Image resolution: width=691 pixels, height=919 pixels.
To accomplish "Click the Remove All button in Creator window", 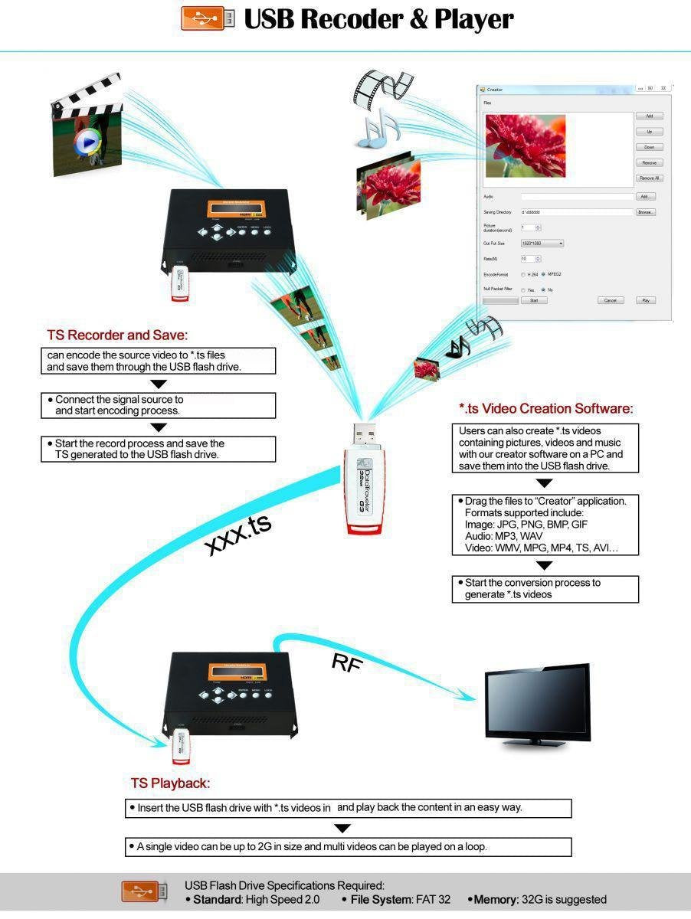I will pos(649,178).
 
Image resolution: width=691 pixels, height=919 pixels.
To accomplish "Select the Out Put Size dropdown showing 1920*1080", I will pos(542,244).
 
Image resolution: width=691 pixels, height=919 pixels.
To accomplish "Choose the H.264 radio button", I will pos(523,274).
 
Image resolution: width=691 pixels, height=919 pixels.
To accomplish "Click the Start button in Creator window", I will pos(534,301).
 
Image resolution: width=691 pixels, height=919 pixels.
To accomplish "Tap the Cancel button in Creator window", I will pos(611,301).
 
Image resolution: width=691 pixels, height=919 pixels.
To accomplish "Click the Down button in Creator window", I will pos(649,147).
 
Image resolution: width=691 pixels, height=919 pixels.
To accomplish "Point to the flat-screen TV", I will pos(538,703).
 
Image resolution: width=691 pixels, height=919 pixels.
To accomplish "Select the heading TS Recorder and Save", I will pos(117,335).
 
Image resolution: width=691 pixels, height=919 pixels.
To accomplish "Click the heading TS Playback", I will pos(170,783).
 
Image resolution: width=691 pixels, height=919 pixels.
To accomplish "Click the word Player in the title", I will pos(473,20).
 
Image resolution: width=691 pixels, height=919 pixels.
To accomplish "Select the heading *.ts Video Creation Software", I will pos(545,409).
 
